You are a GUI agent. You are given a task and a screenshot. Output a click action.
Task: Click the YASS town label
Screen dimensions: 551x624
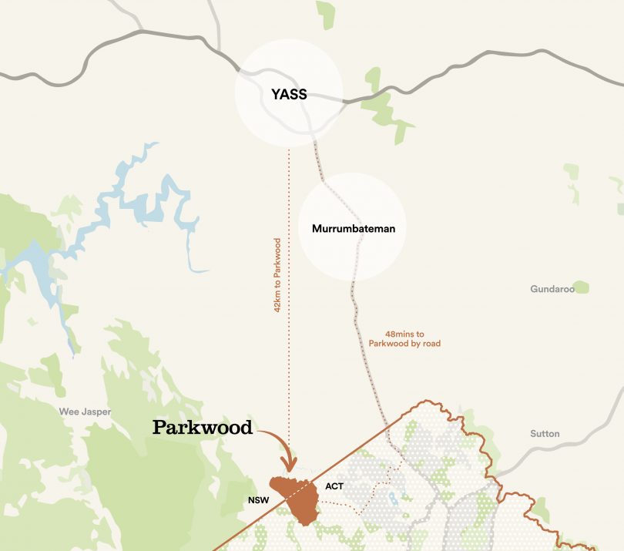click(289, 95)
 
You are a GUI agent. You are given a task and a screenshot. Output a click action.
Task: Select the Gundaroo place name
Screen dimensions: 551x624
click(551, 289)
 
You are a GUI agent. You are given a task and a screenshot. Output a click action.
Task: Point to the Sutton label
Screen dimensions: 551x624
click(545, 434)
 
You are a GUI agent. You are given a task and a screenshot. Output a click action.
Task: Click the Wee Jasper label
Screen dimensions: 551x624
click(85, 412)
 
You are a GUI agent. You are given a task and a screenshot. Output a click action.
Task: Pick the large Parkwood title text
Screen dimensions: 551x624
click(203, 428)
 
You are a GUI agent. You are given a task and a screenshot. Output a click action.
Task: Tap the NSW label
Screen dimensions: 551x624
click(257, 500)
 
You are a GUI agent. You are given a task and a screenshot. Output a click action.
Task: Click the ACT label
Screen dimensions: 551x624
click(334, 486)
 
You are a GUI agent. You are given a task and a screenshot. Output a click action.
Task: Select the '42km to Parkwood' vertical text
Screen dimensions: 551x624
click(277, 274)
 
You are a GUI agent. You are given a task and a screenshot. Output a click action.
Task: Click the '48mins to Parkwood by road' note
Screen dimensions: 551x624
click(404, 339)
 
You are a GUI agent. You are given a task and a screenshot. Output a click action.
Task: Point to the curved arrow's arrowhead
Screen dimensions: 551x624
click(290, 465)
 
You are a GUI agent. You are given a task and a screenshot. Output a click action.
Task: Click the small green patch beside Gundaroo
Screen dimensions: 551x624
click(581, 287)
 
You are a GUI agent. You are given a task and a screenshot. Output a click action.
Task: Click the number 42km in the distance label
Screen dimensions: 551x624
click(277, 301)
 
